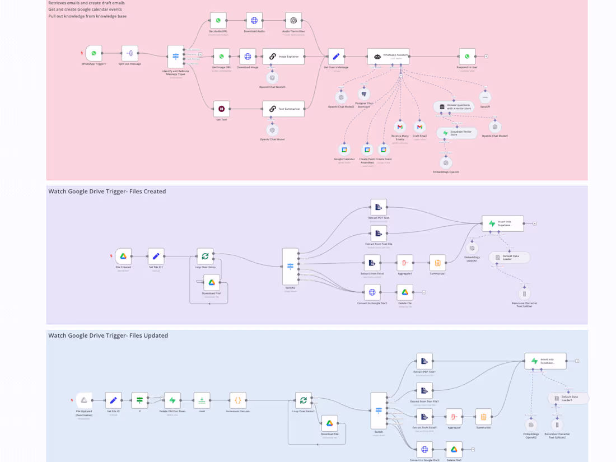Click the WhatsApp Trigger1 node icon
tap(94, 54)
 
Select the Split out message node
tap(130, 54)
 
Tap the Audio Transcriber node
tap(293, 21)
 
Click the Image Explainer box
tap(283, 57)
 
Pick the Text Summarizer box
tap(283, 109)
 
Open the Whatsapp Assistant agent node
tap(388, 57)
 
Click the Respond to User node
tap(467, 57)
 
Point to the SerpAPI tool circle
tap(485, 97)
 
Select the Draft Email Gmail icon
tap(419, 127)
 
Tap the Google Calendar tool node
tap(344, 150)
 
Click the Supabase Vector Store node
tap(457, 133)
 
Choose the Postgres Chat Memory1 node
tap(364, 94)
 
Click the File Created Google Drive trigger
tap(123, 256)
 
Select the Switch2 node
tap(290, 267)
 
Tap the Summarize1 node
tap(438, 263)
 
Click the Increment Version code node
tap(238, 400)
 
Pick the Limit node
tap(202, 400)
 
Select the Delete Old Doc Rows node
tap(172, 400)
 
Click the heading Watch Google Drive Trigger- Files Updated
tap(108, 335)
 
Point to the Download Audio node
tap(254, 21)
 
